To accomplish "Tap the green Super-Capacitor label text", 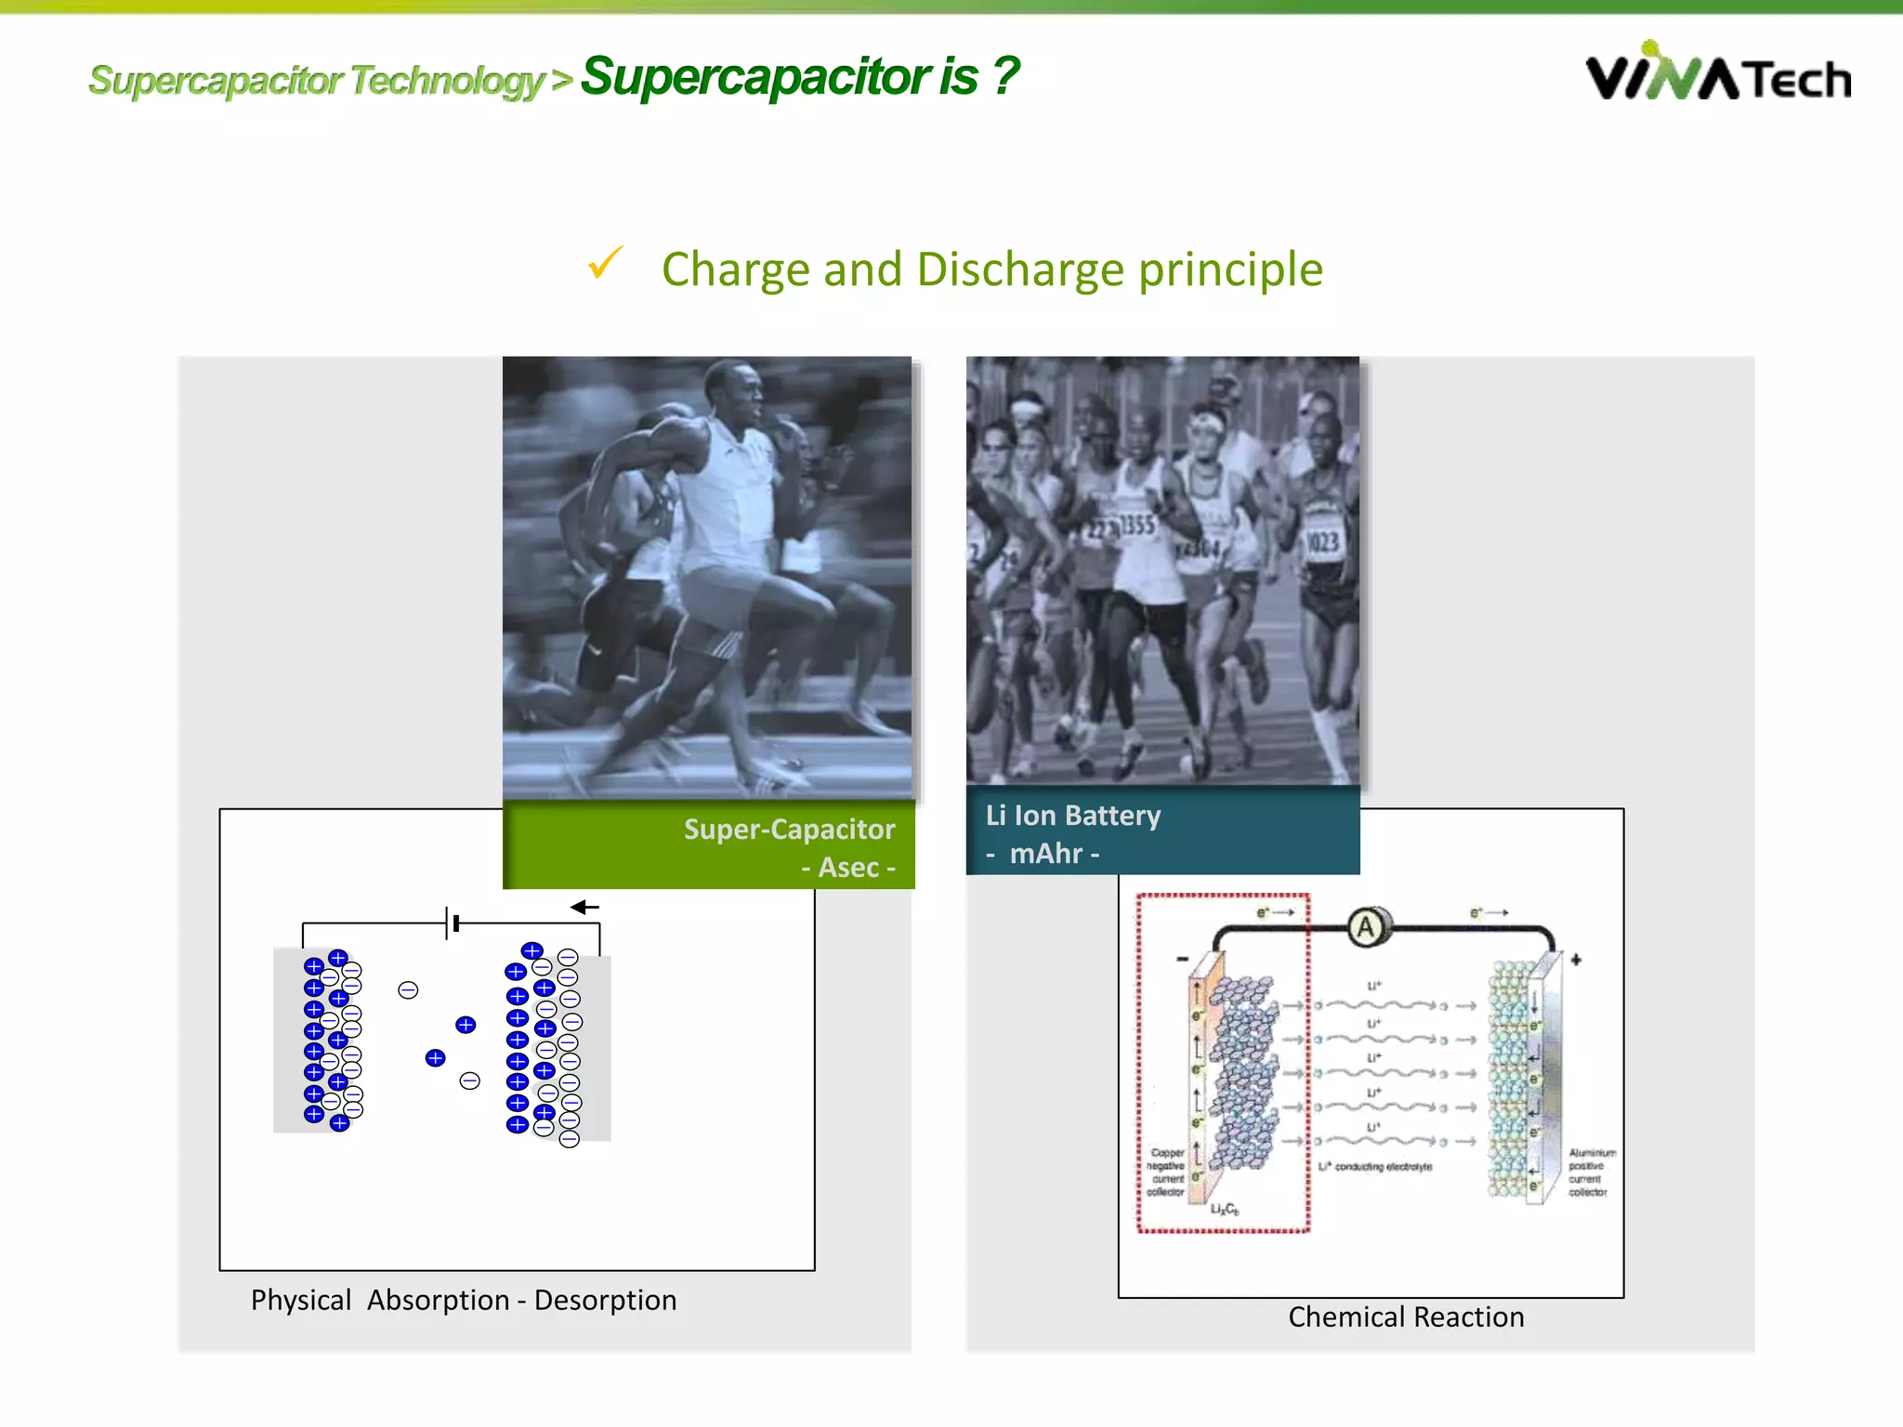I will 789,829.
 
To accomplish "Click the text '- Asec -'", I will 848,868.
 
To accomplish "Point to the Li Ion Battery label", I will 1072,816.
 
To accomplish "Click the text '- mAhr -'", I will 1043,854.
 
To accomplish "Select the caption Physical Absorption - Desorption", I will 464,1300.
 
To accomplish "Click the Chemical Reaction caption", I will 1405,1317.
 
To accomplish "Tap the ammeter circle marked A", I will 1366,926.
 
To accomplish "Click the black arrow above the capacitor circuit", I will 584,907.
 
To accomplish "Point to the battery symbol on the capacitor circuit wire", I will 452,923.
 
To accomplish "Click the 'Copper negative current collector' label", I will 1166,1172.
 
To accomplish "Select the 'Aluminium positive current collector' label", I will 1590,1172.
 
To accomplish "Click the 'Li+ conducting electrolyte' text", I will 1375,1166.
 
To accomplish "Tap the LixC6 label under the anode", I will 1224,1210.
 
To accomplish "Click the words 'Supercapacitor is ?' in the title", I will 799,76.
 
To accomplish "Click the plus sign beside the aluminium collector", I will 1576,960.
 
